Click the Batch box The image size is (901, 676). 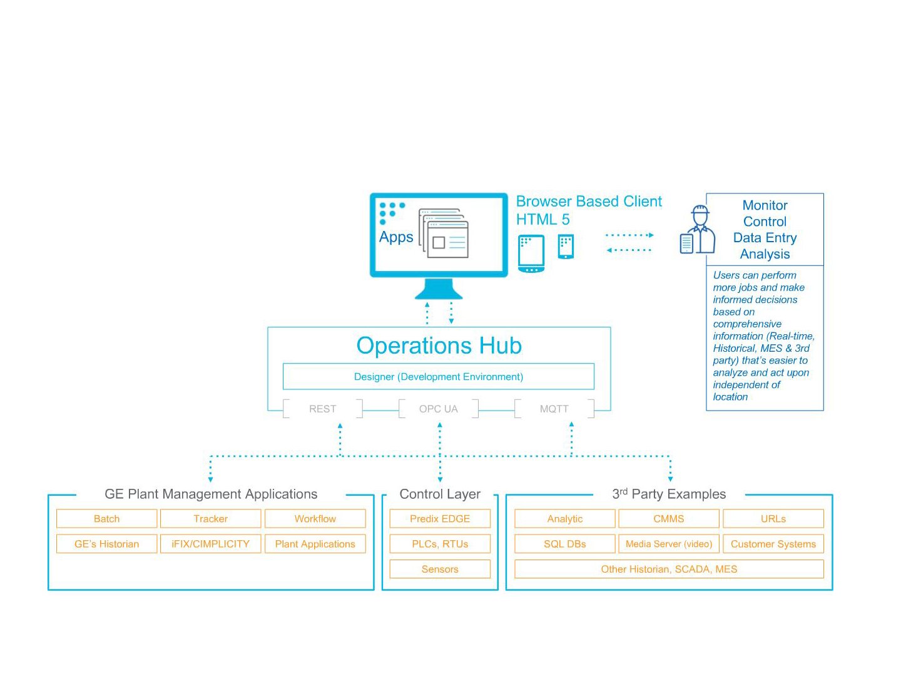point(106,519)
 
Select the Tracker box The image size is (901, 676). point(211,519)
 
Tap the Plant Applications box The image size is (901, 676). point(315,544)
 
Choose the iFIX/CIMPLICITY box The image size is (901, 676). point(211,544)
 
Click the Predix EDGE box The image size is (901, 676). point(440,519)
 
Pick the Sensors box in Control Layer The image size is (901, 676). point(440,569)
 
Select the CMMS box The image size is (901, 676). point(669,519)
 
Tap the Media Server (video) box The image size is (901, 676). point(669,544)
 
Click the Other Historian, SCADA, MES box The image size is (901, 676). point(669,569)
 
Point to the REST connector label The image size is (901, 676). point(323,409)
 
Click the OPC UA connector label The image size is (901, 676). point(439,409)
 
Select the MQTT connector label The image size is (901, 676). point(554,409)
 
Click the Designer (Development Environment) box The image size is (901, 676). point(439,377)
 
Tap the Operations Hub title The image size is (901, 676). point(439,346)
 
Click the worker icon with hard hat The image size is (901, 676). point(698,230)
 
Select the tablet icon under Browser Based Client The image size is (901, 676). point(531,253)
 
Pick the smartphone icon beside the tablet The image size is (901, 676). point(566,247)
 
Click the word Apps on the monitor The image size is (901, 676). point(396,237)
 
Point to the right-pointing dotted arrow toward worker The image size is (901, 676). point(629,235)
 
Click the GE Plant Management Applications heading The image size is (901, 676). point(211,494)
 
